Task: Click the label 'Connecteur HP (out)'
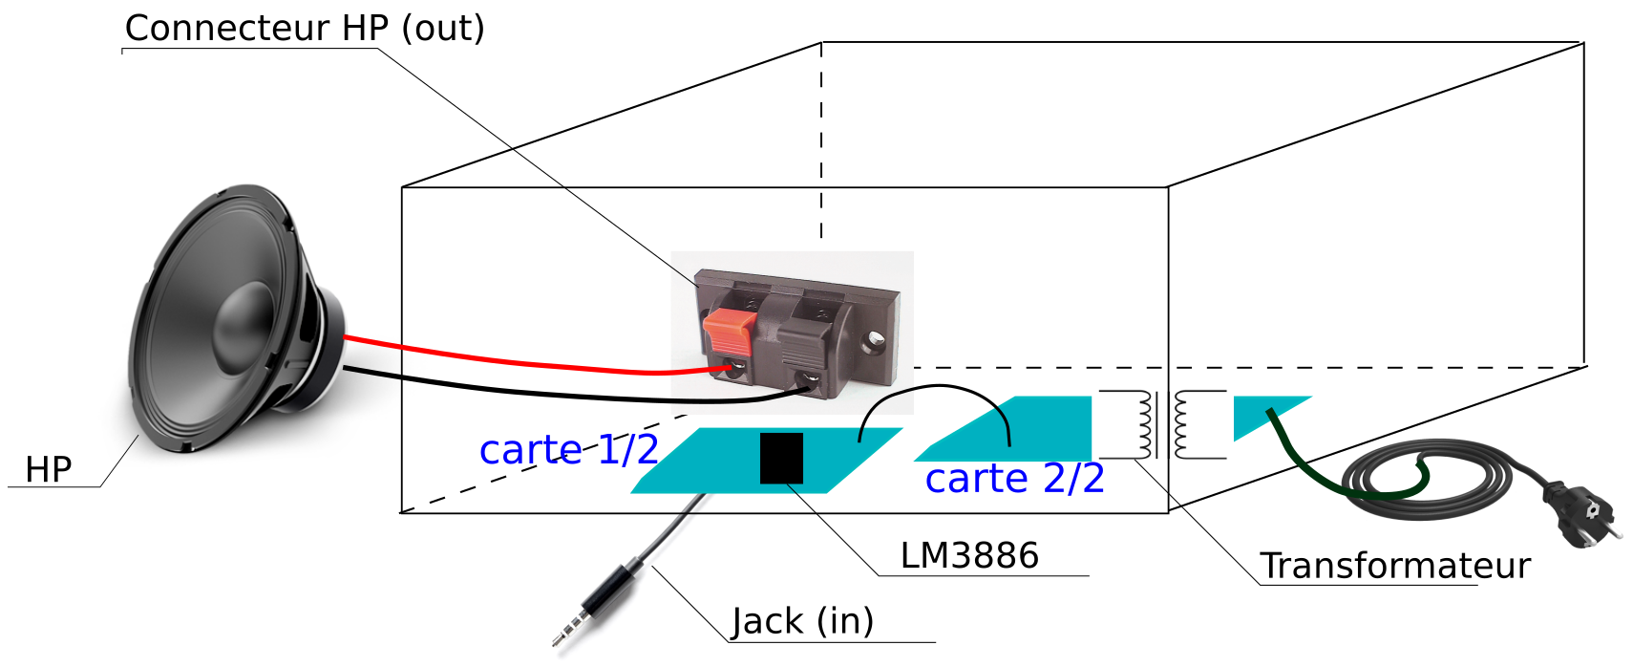[x=305, y=29]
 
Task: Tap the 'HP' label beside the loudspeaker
[x=48, y=469]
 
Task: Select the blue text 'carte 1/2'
[x=568, y=449]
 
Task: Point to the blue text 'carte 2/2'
[x=1014, y=478]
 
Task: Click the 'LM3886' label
[x=968, y=555]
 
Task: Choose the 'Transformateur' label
[x=1394, y=566]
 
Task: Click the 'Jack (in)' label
[x=802, y=621]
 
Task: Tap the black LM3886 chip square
[x=781, y=459]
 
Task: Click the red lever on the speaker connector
[x=730, y=331]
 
